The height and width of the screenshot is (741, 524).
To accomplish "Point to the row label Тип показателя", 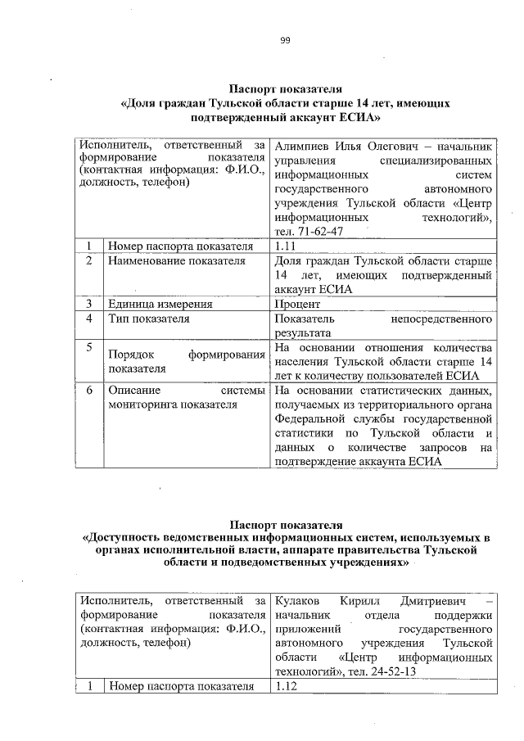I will coord(149,319).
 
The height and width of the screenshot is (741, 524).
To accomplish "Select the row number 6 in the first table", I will coord(88,391).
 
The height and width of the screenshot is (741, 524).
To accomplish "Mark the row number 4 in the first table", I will coord(88,319).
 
